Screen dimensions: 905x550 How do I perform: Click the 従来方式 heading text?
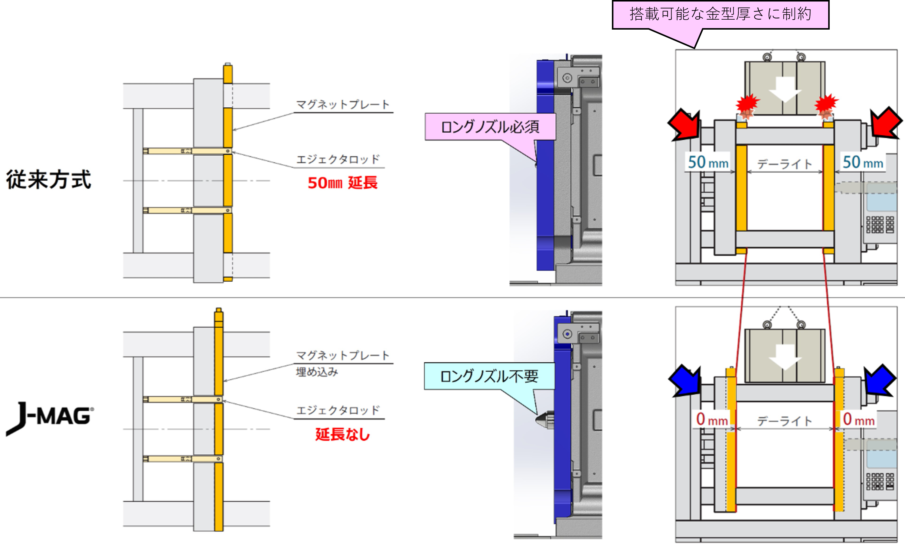pos(48,180)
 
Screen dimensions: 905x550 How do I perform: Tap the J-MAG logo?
pos(50,418)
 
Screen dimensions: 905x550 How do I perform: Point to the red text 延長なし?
pos(342,435)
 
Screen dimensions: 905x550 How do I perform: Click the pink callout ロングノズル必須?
pos(490,127)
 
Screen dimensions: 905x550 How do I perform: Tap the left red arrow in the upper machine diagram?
pos(684,125)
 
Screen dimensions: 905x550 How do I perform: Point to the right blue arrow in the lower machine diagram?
pos(879,380)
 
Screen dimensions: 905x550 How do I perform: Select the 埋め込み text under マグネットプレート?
pos(317,372)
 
